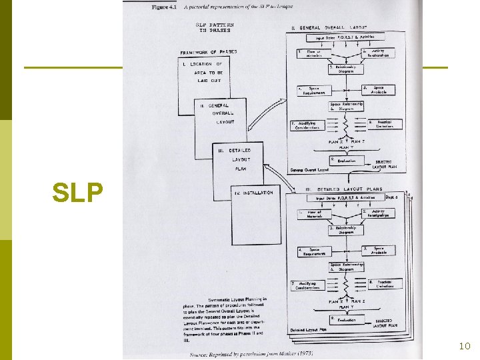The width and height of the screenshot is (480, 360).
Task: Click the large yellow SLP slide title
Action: pyautogui.click(x=78, y=193)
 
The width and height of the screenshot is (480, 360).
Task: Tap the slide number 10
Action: pyautogui.click(x=465, y=345)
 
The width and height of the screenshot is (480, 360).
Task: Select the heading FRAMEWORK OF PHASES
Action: pyautogui.click(x=208, y=51)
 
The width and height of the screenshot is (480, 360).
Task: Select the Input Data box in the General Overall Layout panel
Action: pyautogui.click(x=344, y=38)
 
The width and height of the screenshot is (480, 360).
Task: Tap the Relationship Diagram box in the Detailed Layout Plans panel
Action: pyautogui.click(x=345, y=231)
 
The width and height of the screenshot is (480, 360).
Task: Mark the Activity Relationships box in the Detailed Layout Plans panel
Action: pyautogui.click(x=377, y=214)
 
